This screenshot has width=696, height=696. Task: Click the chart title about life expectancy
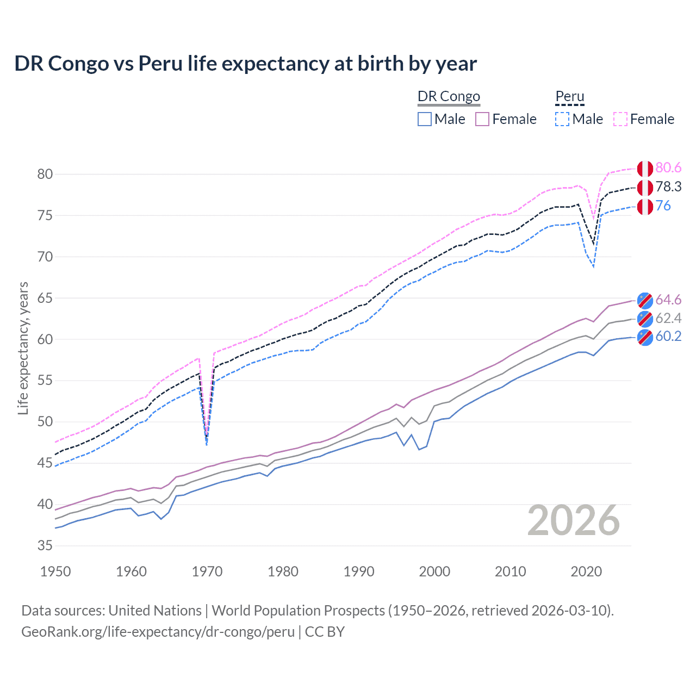click(x=245, y=64)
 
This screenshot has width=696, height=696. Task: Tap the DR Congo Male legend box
click(x=425, y=119)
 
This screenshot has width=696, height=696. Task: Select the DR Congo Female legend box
click(x=482, y=119)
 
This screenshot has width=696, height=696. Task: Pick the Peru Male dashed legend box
click(x=562, y=119)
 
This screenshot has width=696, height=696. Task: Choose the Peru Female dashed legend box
click(x=620, y=119)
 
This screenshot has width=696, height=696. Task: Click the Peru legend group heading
click(x=569, y=97)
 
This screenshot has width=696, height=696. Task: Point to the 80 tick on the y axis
click(x=45, y=174)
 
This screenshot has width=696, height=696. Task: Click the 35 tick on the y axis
click(x=45, y=545)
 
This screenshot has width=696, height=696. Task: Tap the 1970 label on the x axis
click(x=207, y=571)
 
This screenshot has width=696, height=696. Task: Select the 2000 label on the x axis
click(x=434, y=571)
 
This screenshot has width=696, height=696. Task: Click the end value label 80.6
click(x=668, y=168)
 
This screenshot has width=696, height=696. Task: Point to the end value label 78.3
click(x=668, y=187)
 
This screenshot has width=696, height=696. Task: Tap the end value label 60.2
click(x=668, y=337)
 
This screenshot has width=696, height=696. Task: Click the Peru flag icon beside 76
click(x=645, y=207)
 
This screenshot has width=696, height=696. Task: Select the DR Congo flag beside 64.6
click(x=645, y=300)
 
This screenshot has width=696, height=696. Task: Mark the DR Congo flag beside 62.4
click(x=645, y=319)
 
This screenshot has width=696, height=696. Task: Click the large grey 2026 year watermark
click(x=573, y=520)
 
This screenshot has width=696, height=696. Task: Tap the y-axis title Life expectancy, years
click(x=23, y=348)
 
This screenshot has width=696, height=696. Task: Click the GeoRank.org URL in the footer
click(x=158, y=632)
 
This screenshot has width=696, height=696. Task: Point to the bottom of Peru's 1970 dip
click(x=207, y=443)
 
